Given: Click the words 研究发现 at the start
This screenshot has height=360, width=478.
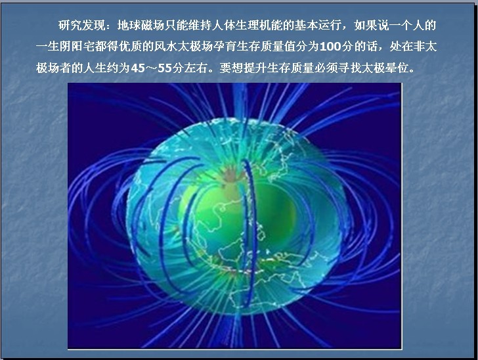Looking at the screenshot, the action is pos(81,26).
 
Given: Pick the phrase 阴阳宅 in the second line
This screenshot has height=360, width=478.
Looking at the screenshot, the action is pos(77,47).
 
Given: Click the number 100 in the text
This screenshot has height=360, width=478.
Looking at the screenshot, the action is pos(330,47).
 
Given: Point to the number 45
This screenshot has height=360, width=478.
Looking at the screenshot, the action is pos(137,68).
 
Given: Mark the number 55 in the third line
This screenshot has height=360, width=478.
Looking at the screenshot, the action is pos(165,68).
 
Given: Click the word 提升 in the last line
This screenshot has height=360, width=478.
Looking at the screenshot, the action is pos(255,68).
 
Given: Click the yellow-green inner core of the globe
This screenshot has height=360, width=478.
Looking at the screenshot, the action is pos(238,214).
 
